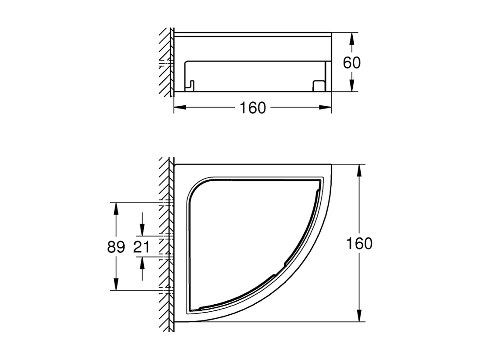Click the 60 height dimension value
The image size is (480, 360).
click(351, 63)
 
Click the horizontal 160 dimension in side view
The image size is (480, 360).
click(253, 108)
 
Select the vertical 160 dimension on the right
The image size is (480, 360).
click(359, 243)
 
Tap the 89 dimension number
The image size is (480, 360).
click(116, 247)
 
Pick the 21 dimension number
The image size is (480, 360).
click(142, 247)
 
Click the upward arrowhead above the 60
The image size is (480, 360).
click(351, 38)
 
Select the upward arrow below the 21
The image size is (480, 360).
click(142, 263)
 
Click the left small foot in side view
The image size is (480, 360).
click(190, 85)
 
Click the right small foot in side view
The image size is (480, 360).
click(317, 85)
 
